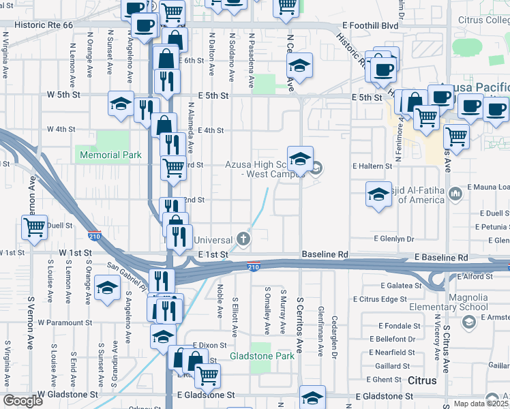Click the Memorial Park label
click(x=110, y=155)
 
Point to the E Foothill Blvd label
click(x=370, y=25)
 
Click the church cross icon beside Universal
click(x=243, y=239)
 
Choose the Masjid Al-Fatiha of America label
click(x=421, y=194)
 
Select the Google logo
click(x=23, y=401)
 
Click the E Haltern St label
click(x=372, y=166)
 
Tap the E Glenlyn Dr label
click(x=394, y=239)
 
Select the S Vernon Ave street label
click(x=31, y=317)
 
